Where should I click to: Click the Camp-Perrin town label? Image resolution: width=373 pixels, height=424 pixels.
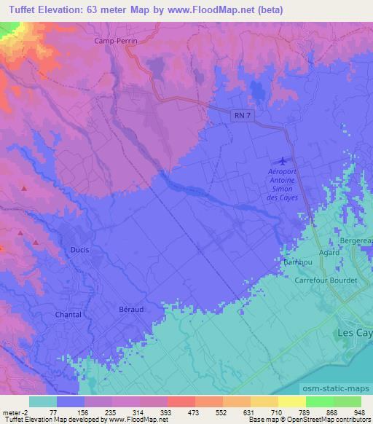click(116, 42)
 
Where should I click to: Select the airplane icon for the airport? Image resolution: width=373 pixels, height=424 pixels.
click(283, 160)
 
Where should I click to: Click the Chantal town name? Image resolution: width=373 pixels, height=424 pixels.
click(68, 314)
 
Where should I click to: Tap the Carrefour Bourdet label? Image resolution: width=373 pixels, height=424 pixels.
click(326, 280)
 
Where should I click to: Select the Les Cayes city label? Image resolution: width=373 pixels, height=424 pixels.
click(356, 332)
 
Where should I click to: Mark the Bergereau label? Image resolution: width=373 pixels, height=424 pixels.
click(357, 240)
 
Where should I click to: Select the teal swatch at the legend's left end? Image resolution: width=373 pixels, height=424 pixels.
click(43, 401)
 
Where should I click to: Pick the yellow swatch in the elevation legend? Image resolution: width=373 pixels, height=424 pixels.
click(292, 401)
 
